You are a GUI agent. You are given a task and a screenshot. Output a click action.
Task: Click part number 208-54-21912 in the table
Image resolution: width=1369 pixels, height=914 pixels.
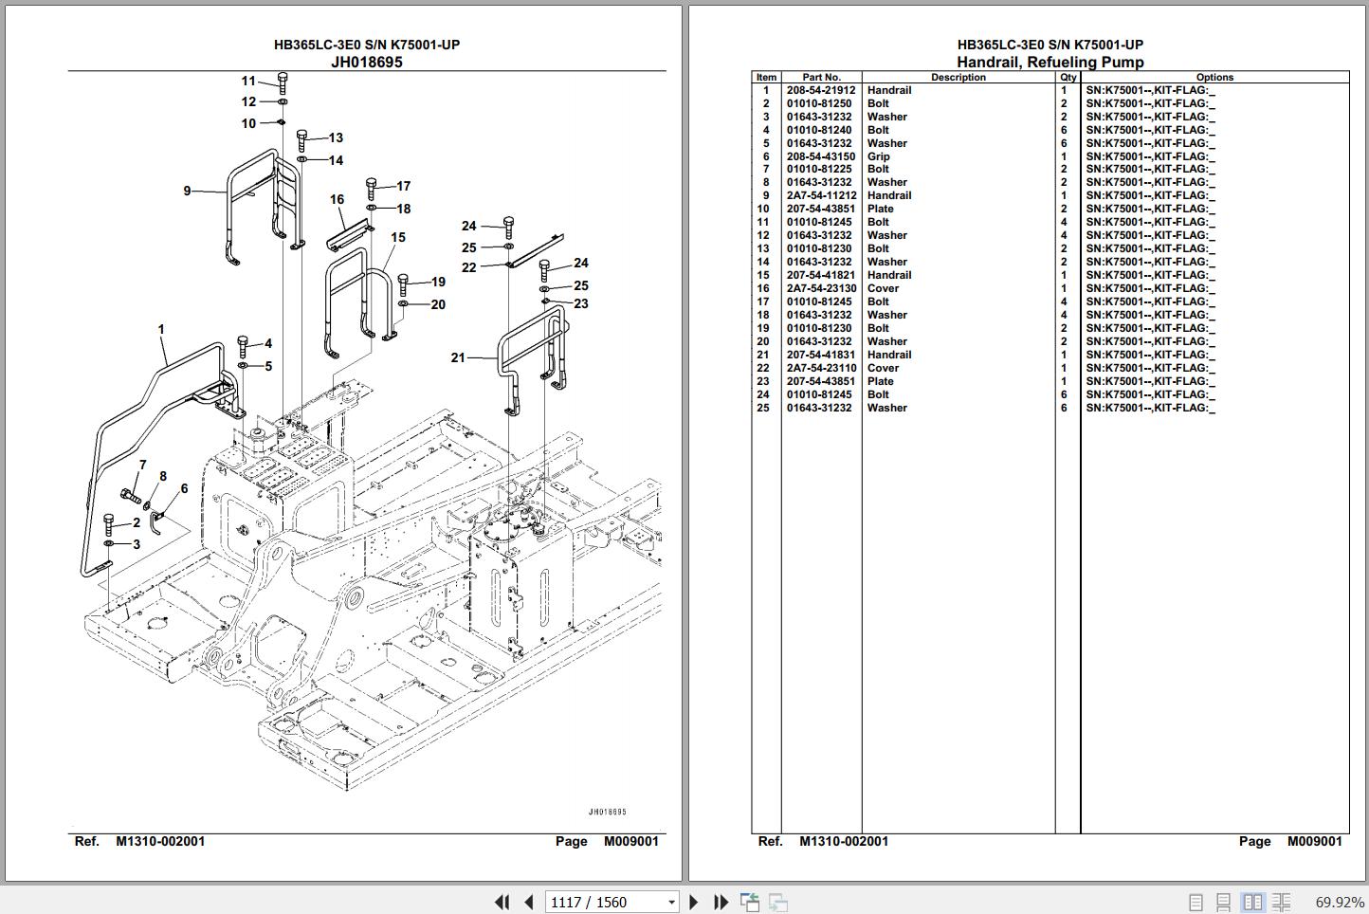click(x=820, y=90)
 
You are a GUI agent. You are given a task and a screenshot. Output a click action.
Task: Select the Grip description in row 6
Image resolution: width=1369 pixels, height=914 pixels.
click(x=878, y=156)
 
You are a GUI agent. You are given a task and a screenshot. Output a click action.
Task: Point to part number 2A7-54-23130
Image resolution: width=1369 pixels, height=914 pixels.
click(x=821, y=288)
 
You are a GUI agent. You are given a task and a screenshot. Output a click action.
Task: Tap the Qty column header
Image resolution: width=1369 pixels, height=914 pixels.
click(x=1068, y=77)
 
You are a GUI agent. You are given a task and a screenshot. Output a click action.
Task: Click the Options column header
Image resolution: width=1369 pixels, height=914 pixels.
click(x=1214, y=77)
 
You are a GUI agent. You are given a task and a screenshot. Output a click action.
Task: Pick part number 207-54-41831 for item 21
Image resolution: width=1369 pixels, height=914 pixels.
click(x=820, y=355)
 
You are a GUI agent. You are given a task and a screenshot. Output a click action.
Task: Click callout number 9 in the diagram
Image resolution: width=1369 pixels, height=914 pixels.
click(x=188, y=191)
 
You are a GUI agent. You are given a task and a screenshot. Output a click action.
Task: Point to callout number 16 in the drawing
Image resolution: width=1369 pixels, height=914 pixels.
click(x=337, y=199)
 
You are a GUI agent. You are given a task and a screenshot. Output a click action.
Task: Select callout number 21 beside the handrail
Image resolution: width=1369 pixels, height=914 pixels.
click(x=458, y=357)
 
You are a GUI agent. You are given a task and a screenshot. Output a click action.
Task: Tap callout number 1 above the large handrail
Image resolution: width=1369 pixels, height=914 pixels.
click(x=161, y=330)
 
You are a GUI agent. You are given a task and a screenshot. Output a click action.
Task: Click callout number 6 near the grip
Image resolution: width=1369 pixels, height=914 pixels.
click(x=184, y=488)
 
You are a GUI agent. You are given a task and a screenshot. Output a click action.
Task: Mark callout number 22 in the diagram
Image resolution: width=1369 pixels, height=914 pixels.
click(x=468, y=267)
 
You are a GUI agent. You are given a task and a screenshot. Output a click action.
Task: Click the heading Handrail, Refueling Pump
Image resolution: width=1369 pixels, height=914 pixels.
click(x=1050, y=62)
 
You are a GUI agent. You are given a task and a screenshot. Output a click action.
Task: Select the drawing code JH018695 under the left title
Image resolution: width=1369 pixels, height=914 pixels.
click(x=366, y=62)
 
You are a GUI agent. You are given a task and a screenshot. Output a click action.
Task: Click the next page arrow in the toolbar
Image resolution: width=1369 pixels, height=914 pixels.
click(x=694, y=902)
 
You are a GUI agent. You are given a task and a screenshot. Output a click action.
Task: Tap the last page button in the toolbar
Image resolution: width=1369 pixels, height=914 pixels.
click(x=721, y=902)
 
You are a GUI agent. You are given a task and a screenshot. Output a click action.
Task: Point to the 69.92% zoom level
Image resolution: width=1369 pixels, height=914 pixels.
click(x=1339, y=902)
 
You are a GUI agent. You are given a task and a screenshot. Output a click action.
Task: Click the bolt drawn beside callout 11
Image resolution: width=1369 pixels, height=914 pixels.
click(x=283, y=82)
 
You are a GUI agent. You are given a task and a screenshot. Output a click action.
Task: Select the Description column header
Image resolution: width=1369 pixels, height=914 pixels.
click(x=958, y=77)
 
